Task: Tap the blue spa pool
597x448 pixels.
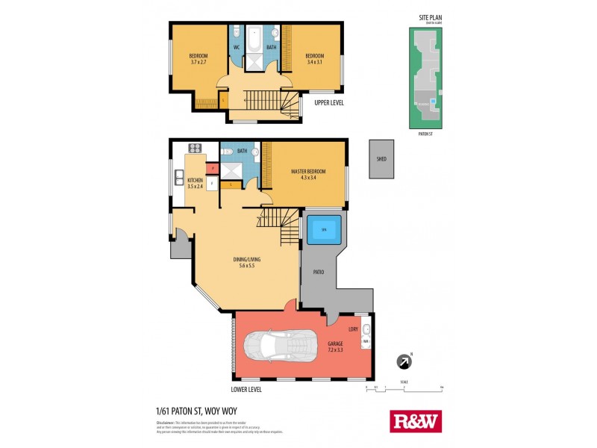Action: [324, 229]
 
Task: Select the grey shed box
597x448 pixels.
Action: [381, 158]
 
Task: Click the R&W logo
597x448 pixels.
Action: [416, 421]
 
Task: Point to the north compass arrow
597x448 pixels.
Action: [404, 362]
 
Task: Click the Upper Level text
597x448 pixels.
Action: [328, 102]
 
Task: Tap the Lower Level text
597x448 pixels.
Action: [246, 390]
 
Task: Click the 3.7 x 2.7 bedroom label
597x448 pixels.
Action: [198, 59]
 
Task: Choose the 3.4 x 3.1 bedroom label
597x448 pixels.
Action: [314, 59]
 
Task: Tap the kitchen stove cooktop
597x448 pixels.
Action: [195, 148]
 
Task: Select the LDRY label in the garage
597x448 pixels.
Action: [353, 329]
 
